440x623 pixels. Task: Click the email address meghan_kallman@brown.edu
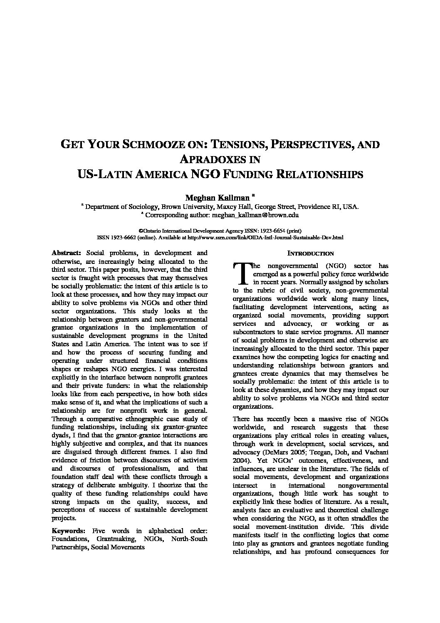point(255,215)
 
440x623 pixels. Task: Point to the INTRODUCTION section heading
point(311,253)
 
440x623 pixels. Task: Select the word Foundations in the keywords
point(70,539)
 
